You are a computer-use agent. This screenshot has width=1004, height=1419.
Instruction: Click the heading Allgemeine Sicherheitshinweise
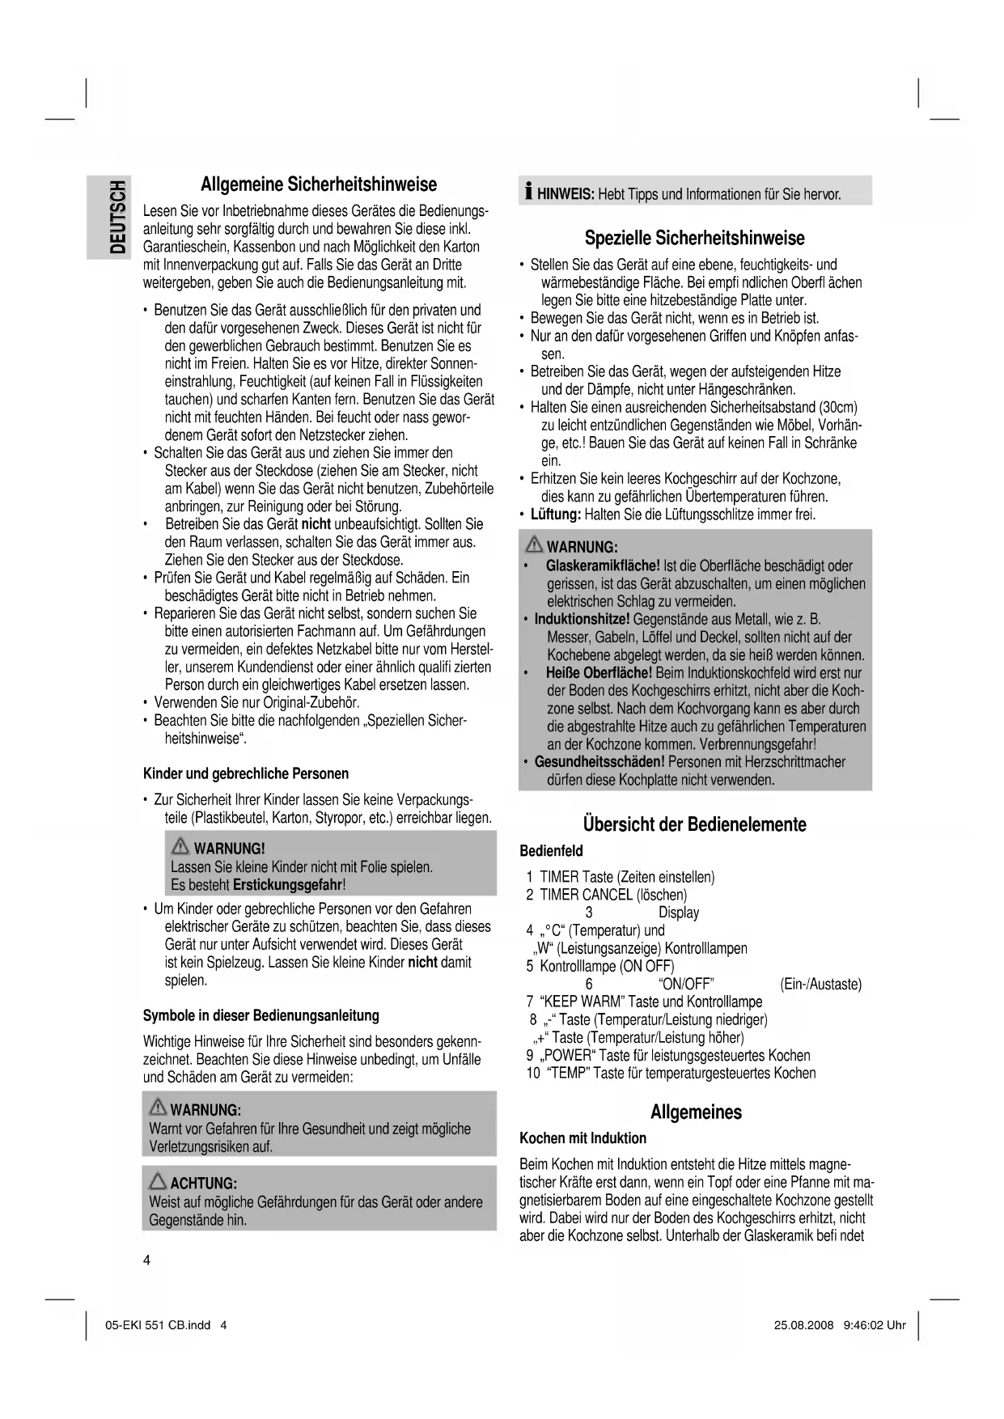[318, 184]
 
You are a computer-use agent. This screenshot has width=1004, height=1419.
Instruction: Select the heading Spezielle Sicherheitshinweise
[694, 238]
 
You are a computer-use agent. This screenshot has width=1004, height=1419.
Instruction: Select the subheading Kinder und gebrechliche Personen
[245, 773]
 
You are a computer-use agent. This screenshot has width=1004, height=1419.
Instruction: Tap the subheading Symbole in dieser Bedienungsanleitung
[261, 1015]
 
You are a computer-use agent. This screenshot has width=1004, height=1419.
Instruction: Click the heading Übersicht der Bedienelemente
[694, 824]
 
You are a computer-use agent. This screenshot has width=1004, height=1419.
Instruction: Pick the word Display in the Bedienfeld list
[678, 913]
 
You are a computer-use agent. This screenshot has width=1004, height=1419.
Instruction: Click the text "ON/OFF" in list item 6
[686, 984]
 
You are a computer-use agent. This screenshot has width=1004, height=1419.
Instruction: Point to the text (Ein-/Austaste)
[820, 984]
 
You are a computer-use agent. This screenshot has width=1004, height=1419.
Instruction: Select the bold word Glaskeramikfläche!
[603, 565]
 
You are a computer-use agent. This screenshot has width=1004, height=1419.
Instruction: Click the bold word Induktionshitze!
[582, 619]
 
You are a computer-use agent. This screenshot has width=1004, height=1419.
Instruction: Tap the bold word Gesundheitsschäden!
[599, 761]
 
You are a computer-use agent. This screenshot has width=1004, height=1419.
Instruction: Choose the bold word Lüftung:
[555, 515]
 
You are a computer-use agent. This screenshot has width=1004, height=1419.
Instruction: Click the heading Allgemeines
[696, 1112]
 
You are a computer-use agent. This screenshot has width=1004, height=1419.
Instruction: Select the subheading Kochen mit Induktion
[582, 1138]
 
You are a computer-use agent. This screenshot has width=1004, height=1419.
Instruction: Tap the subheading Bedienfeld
[550, 851]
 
